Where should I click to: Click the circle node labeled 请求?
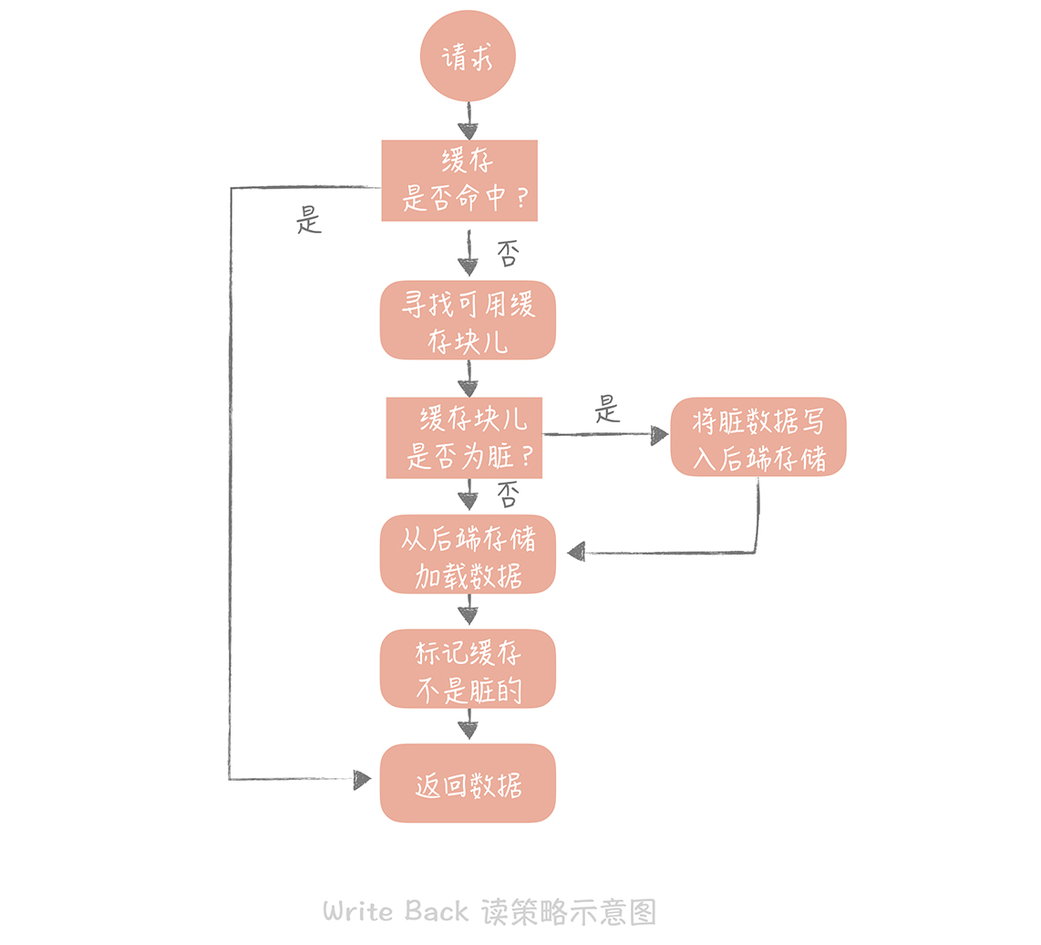(468, 57)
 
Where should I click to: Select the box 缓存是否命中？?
(459, 181)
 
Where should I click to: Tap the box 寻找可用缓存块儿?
(468, 320)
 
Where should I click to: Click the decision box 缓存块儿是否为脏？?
(464, 438)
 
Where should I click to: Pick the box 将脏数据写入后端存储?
(758, 437)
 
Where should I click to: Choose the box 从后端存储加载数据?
(468, 555)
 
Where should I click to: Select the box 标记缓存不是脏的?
(468, 669)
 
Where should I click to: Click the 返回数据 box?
(468, 784)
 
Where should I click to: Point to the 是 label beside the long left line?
(310, 220)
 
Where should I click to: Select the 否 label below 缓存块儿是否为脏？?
(508, 494)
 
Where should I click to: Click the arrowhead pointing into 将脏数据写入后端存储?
(659, 436)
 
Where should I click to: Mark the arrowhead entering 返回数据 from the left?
(362, 780)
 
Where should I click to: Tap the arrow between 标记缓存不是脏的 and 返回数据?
(468, 725)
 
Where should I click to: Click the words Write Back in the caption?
(396, 910)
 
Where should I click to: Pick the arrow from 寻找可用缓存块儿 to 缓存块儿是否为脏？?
(468, 378)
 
